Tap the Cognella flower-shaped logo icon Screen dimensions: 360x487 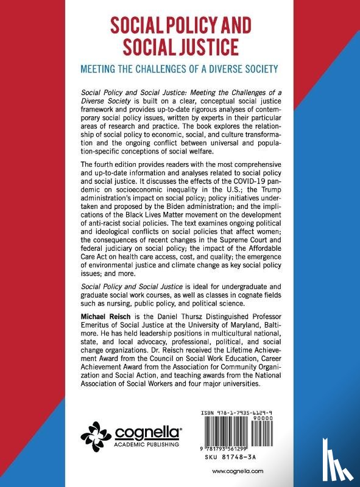97,433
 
